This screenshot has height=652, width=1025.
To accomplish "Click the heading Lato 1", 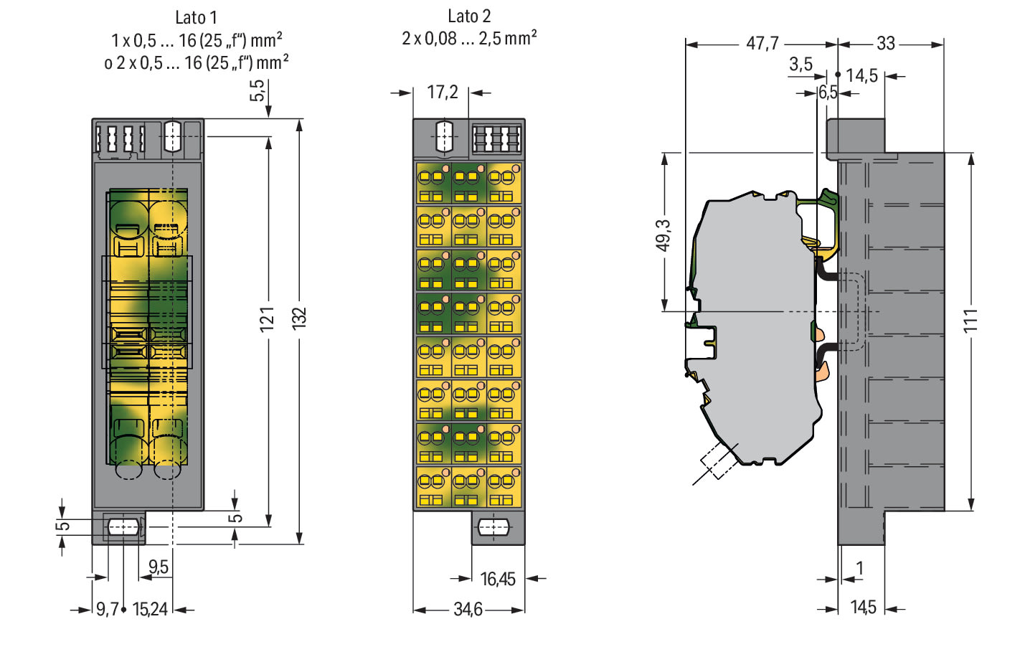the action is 196,18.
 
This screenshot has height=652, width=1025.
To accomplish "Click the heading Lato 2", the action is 469,16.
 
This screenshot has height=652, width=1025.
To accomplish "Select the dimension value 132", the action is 299,318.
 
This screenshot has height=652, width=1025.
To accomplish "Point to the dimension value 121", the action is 268,319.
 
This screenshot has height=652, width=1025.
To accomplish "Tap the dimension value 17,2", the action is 443,93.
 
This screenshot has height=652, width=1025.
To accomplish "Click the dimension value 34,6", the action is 468,610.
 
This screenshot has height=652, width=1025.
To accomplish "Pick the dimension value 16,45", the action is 498,580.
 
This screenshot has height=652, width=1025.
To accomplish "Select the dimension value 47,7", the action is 762,44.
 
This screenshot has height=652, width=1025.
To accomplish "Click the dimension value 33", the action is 885,44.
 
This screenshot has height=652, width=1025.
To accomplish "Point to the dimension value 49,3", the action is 663,236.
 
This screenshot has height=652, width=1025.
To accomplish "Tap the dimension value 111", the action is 970,321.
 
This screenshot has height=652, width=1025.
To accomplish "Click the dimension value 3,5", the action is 800,64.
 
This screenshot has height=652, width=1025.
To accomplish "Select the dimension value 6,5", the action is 828,93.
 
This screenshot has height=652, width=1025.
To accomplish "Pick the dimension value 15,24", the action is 150,610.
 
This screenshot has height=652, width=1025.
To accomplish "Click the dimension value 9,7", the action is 108,610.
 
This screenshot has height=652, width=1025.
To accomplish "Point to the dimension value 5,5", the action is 258,90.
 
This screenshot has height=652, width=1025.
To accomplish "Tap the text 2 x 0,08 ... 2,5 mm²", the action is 469,39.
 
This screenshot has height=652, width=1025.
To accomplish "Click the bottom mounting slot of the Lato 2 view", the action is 493,527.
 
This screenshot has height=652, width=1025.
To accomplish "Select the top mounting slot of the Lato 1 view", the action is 172,136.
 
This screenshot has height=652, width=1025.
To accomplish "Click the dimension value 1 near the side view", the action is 859,568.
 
